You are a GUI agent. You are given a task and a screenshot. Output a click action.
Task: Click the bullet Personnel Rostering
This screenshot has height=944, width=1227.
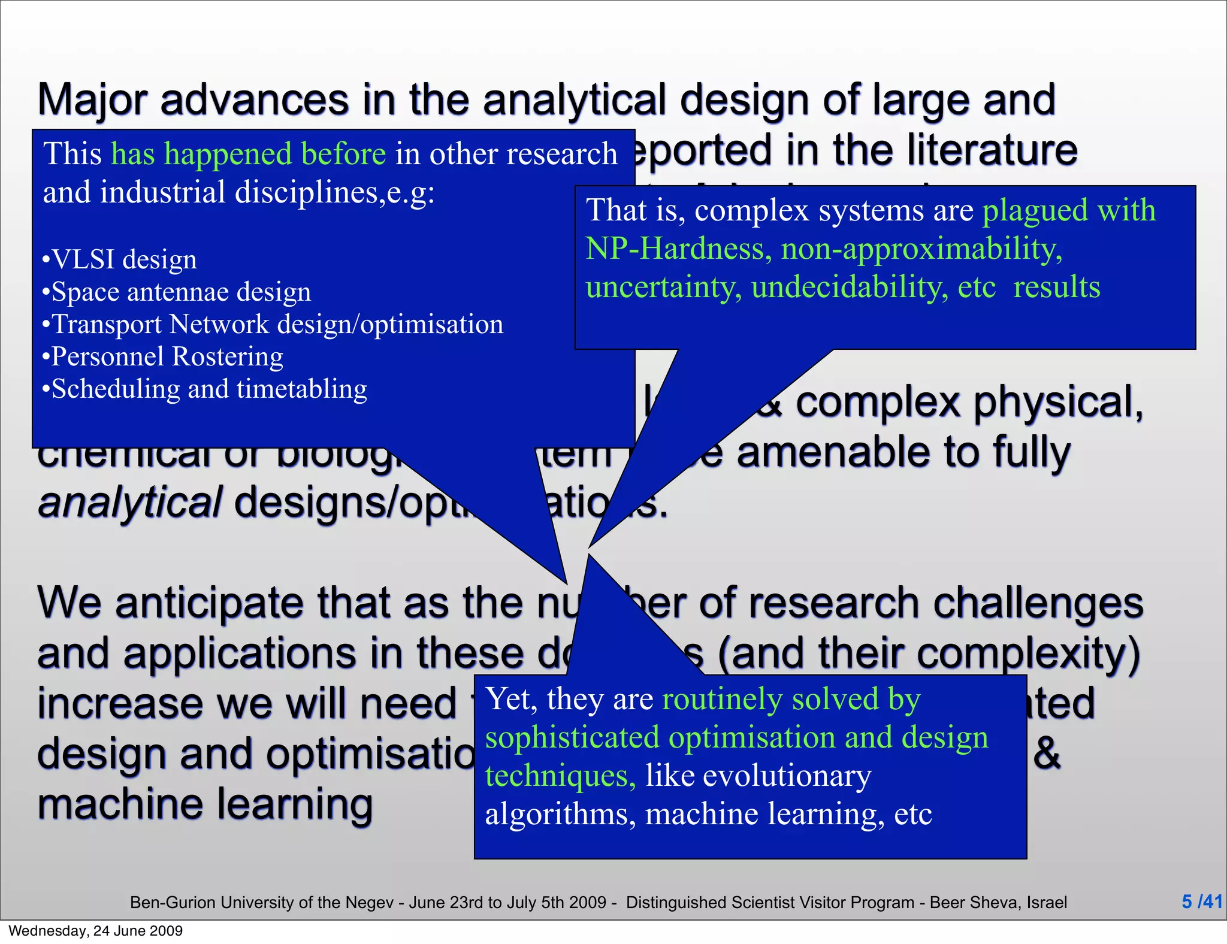pyautogui.click(x=162, y=357)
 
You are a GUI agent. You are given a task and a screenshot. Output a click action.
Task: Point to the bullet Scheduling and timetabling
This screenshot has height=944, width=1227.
pyautogui.click(x=204, y=389)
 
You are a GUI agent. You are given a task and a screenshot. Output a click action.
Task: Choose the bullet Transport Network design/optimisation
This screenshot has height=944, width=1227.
pyautogui.click(x=273, y=325)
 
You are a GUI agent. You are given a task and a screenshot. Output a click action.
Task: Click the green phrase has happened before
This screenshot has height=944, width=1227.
pyautogui.click(x=249, y=154)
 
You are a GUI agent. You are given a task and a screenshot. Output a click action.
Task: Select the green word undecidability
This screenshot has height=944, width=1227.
pyautogui.click(x=850, y=287)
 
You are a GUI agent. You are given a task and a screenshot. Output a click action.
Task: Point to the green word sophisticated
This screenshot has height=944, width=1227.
pyautogui.click(x=572, y=737)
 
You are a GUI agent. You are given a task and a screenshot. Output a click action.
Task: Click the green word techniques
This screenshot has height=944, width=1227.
pyautogui.click(x=560, y=776)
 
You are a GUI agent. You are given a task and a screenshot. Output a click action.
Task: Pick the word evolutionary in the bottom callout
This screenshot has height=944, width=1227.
pyautogui.click(x=787, y=776)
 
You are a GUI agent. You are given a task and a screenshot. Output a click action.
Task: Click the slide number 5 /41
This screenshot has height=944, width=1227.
pyautogui.click(x=1201, y=901)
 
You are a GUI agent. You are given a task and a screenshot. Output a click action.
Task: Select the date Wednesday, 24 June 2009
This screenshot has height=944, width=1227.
pyautogui.click(x=96, y=931)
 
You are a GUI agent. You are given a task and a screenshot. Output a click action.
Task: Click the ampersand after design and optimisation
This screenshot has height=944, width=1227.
pyautogui.click(x=1047, y=754)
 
